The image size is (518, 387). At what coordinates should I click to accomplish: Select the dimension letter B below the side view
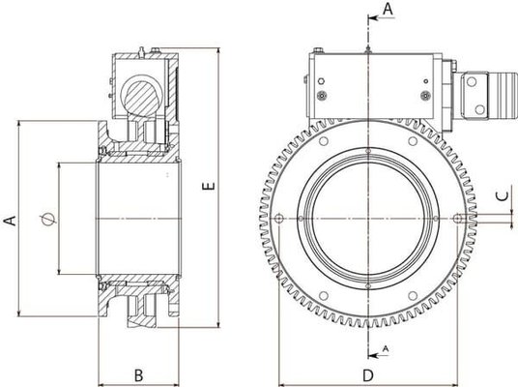pyautogui.click(x=138, y=373)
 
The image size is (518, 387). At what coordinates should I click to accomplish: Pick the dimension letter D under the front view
pyautogui.click(x=368, y=374)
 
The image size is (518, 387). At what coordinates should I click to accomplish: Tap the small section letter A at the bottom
pyautogui.click(x=386, y=346)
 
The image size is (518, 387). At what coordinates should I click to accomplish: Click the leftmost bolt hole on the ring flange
pyautogui.click(x=278, y=215)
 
